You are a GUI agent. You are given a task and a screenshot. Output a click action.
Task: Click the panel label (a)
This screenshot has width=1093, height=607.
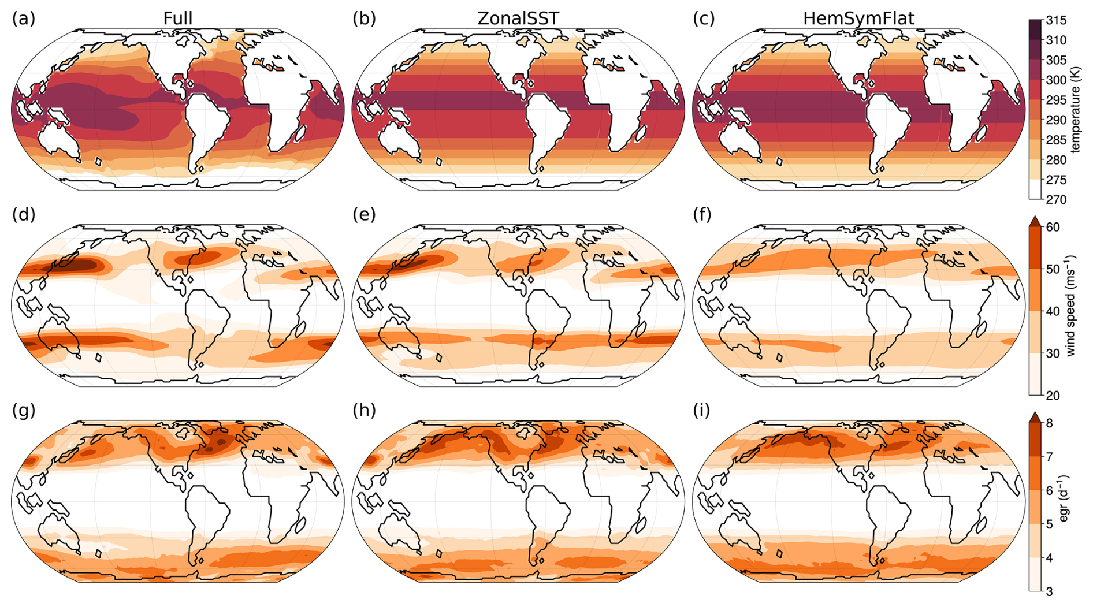(x=24, y=18)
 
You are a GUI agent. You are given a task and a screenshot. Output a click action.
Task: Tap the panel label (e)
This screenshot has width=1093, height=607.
(x=364, y=215)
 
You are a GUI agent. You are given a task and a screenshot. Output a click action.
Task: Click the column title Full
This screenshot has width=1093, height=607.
(x=178, y=18)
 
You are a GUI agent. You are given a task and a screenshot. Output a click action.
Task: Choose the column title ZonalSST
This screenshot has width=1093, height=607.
(x=518, y=18)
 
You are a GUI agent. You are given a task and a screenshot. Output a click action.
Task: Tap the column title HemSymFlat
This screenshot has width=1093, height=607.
(x=858, y=18)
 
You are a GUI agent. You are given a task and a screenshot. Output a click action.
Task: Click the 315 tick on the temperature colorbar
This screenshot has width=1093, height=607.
(x=1056, y=20)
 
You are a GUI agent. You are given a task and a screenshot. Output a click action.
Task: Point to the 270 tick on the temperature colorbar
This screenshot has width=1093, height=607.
(x=1056, y=200)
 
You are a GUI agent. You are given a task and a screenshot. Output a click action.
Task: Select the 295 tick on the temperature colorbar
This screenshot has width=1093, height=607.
(x=1056, y=100)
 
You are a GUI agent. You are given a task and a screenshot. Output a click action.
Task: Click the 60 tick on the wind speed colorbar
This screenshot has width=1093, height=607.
(x=1053, y=227)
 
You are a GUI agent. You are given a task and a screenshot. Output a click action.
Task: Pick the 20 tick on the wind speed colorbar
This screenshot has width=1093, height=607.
(x=1053, y=395)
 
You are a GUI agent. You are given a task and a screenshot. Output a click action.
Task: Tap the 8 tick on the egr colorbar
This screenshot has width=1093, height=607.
(x=1049, y=423)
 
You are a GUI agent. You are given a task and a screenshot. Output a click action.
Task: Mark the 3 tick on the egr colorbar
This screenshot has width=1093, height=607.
(x=1049, y=591)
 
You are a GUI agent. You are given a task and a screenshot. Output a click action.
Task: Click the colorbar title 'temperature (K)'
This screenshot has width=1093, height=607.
(x=1076, y=110)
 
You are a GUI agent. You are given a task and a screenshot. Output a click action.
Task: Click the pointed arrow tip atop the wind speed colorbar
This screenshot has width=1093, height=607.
(x=1035, y=216)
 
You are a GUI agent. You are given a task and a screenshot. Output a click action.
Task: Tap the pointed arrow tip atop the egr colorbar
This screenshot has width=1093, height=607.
(x=1035, y=412)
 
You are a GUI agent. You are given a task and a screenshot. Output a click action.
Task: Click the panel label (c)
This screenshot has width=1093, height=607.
(x=704, y=18)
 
